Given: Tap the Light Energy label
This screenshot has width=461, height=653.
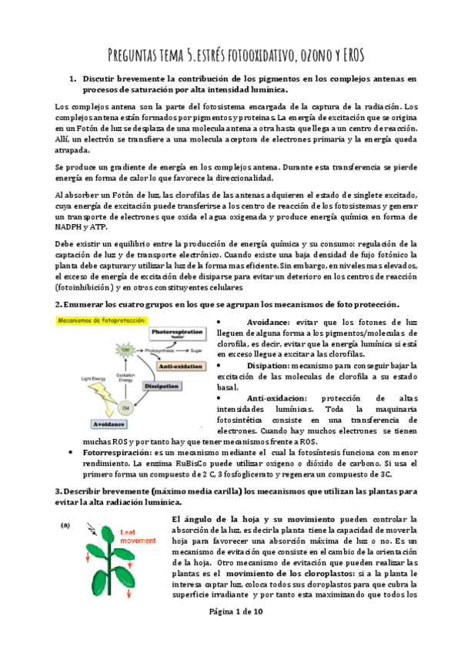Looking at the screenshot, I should (92, 378).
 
